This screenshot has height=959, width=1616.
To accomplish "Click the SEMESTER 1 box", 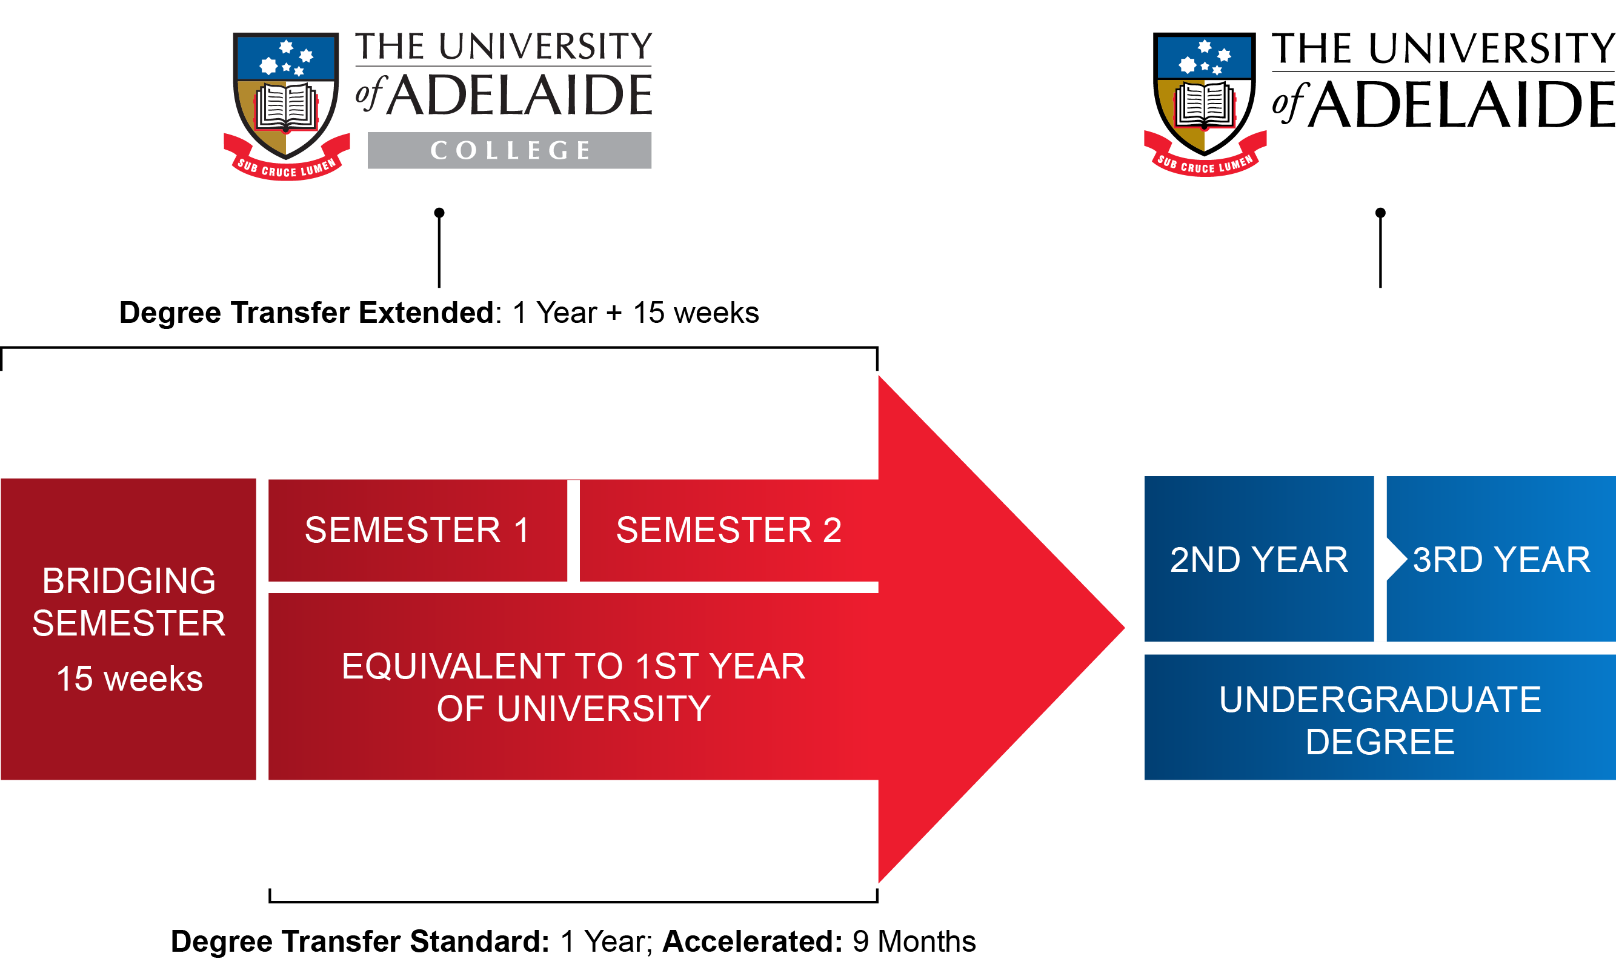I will tap(417, 530).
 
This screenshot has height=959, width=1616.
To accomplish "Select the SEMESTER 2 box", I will tap(728, 530).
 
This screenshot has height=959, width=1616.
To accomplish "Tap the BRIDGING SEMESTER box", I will tap(128, 602).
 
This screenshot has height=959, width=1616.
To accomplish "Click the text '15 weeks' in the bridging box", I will tap(129, 679).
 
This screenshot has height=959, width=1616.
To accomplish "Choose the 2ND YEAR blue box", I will tap(1258, 560).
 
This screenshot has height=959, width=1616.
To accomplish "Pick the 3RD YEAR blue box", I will tap(1501, 560).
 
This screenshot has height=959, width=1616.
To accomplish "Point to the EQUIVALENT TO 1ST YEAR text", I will tap(573, 667).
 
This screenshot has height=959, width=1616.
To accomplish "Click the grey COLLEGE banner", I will tap(509, 151).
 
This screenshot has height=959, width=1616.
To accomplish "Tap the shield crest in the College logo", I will tap(286, 97).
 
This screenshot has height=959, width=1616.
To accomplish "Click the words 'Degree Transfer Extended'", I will tap(306, 313).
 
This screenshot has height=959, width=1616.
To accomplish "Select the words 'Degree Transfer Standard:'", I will tap(360, 941).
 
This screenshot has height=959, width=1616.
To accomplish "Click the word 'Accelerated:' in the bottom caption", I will tap(753, 941).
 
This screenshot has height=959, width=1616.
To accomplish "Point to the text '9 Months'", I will tap(914, 941).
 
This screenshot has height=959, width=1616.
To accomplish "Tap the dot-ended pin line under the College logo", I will tap(439, 249).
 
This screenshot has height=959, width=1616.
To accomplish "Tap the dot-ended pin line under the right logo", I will tap(1380, 249).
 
